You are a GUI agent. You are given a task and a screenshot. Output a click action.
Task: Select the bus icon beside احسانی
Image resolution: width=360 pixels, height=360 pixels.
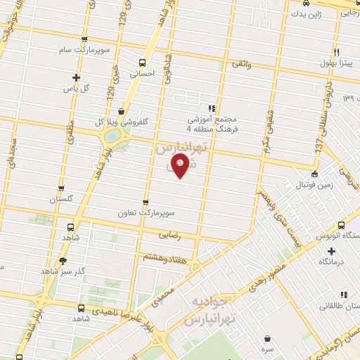(x=143, y=62)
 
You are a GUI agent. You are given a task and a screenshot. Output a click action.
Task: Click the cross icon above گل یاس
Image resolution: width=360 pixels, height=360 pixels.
(x=77, y=77)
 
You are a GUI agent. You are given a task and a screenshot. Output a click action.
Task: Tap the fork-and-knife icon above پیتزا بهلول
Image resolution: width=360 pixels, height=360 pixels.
(x=337, y=53)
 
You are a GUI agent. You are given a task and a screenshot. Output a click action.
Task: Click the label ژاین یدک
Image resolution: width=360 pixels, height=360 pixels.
(x=309, y=14)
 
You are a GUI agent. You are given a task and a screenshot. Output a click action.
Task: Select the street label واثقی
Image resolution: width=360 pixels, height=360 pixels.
(x=239, y=64)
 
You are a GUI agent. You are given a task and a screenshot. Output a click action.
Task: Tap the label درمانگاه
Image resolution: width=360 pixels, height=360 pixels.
(x=333, y=261)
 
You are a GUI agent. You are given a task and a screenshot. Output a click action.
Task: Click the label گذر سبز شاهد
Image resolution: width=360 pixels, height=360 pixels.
(x=62, y=271)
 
